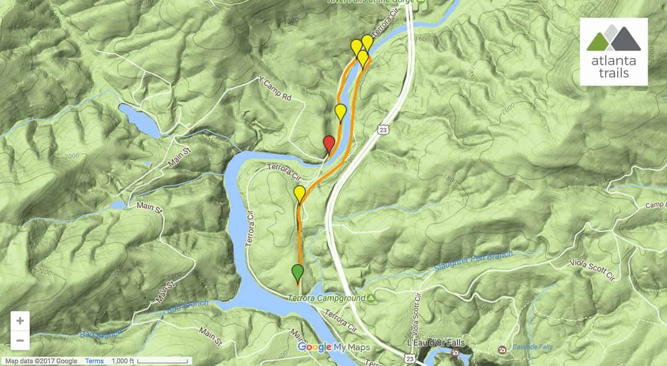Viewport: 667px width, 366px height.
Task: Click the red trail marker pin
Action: [x=329, y=143]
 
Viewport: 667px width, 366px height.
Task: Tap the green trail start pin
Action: [x=298, y=272]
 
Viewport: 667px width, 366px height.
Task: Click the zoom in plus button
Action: [x=20, y=321]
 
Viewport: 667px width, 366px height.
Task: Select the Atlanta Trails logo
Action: [x=613, y=52]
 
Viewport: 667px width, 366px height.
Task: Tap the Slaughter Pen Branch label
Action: [x=474, y=261]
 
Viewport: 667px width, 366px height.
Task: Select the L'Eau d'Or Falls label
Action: [x=441, y=342]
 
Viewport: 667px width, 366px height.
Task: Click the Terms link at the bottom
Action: [x=94, y=361]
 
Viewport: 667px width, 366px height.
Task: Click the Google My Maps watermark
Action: [x=334, y=347]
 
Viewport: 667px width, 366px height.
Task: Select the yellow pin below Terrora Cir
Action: [x=299, y=193]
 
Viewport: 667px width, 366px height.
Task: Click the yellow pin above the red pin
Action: [x=340, y=112]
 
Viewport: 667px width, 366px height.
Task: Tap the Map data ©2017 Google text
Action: [x=42, y=361]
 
